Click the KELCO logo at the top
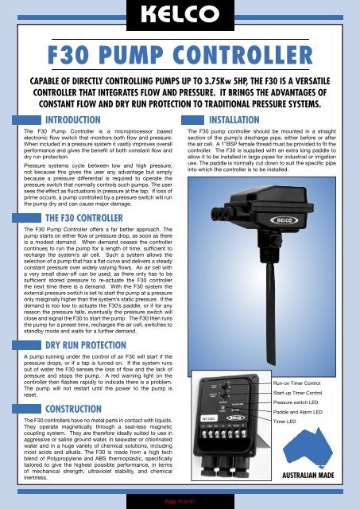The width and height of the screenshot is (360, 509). point(180,15)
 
